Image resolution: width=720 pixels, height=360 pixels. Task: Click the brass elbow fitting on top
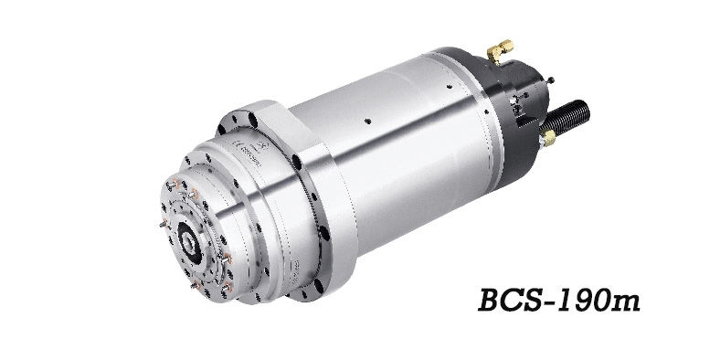(500, 50)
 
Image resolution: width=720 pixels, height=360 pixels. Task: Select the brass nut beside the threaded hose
(548, 137)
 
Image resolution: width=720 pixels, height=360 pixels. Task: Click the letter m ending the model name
(622, 302)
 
